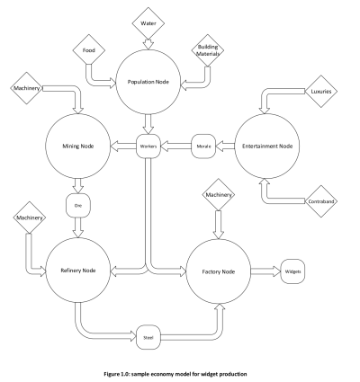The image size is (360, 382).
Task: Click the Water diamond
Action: [x=148, y=23]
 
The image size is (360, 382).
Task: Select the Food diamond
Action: [x=89, y=50]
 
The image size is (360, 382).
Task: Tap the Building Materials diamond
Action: [x=208, y=50]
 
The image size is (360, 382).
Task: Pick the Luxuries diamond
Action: [x=321, y=91]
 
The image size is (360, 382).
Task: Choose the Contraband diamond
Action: [x=321, y=201]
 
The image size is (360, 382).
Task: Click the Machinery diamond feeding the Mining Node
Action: [x=26, y=88]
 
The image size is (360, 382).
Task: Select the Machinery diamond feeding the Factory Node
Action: [x=219, y=195]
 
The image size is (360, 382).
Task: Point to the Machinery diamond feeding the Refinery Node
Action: [x=30, y=218]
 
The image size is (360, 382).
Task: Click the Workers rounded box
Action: [x=148, y=147]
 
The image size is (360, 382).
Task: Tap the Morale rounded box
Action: [x=203, y=147]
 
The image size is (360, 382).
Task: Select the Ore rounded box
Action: [x=78, y=206]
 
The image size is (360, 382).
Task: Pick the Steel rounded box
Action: [x=148, y=337]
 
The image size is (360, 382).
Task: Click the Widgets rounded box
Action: [x=292, y=271]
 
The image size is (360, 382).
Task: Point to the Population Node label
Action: [x=148, y=82]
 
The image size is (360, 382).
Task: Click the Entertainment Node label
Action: [x=267, y=146]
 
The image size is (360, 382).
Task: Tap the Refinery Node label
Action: [x=78, y=271]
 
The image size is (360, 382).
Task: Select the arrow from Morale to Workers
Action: [x=176, y=147]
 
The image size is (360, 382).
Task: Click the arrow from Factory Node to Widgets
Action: [x=265, y=271]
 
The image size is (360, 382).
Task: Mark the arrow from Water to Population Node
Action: [x=148, y=44]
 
